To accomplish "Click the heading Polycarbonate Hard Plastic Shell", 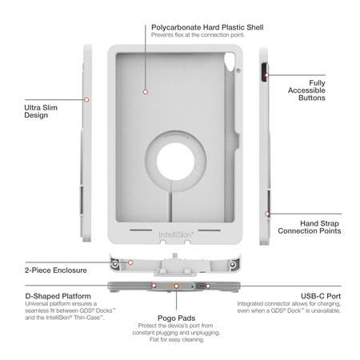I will tap(208, 26).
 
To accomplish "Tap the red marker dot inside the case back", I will tap(146, 93).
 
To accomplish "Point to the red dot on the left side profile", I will tap(86, 100).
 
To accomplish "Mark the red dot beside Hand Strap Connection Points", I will tap(266, 214).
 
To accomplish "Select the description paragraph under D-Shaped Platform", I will tap(56, 312).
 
